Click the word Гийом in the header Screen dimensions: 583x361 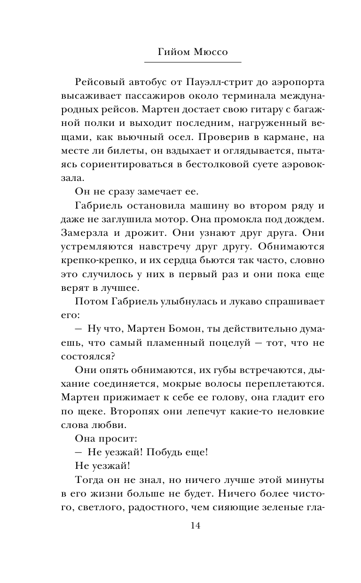172,52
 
